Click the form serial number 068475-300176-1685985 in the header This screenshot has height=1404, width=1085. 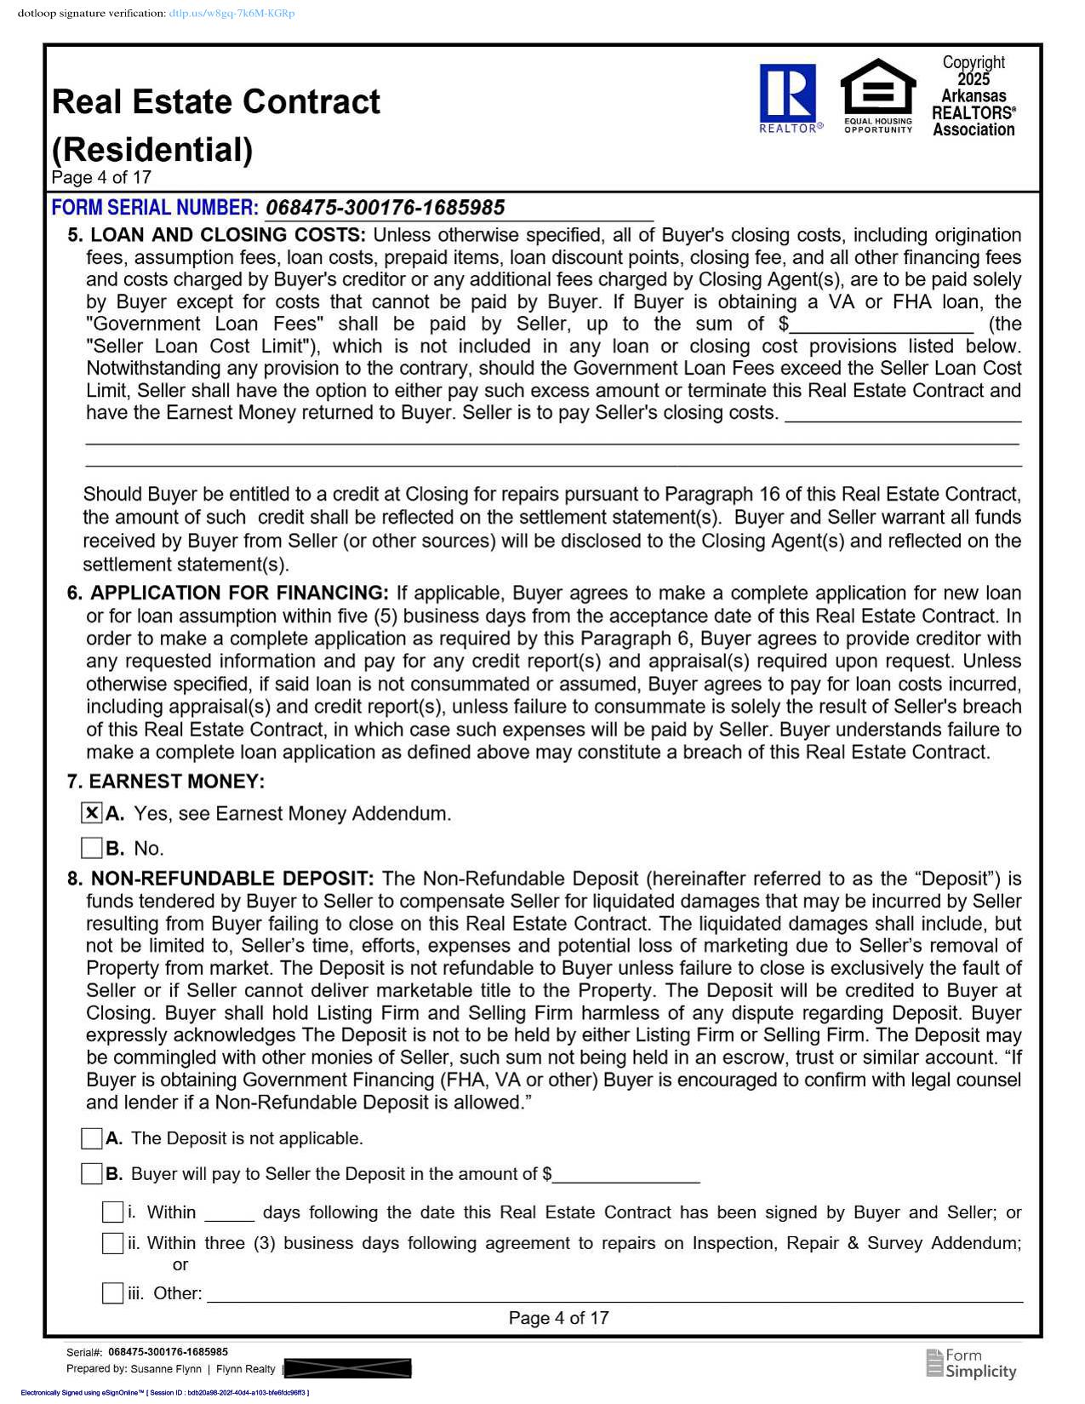pos(385,208)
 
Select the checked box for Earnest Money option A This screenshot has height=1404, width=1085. pos(92,813)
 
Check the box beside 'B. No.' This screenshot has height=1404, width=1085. pos(92,848)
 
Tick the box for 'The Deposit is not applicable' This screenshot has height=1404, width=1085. pos(92,1138)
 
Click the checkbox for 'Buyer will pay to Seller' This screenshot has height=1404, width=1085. pos(92,1174)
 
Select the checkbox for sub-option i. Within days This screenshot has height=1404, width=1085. pos(112,1212)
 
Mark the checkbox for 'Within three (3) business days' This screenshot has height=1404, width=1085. pos(112,1243)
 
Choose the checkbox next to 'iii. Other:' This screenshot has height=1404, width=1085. pos(112,1293)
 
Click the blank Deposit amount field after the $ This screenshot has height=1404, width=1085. pos(626,1176)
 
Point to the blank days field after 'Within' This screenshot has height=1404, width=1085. pos(229,1213)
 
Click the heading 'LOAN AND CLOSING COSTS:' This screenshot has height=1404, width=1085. pos(228,235)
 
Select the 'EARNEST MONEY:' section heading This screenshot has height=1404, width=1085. pos(177,782)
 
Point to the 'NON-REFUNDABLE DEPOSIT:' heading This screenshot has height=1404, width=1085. pos(232,879)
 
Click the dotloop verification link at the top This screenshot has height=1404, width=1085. pos(231,14)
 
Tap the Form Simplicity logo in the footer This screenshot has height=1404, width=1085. pos(971,1363)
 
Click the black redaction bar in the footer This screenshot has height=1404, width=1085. pos(347,1368)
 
